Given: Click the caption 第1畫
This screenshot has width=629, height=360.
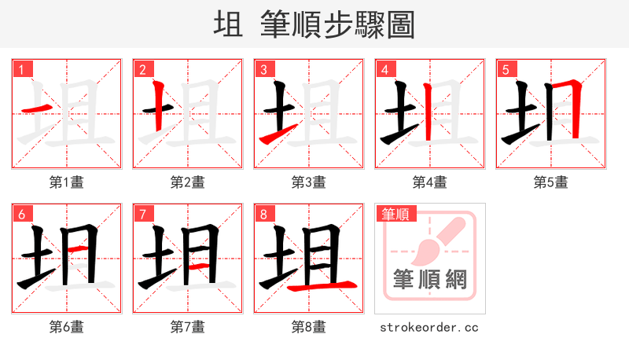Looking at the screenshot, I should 67,182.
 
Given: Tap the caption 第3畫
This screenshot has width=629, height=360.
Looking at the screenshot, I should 309,182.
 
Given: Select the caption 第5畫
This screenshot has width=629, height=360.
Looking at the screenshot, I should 550,182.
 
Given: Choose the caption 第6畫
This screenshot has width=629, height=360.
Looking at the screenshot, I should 67,327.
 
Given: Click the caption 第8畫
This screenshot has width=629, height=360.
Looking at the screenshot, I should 309,327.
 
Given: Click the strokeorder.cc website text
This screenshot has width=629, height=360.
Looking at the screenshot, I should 429,327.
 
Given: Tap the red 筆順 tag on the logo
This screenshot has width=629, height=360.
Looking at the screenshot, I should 395,214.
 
